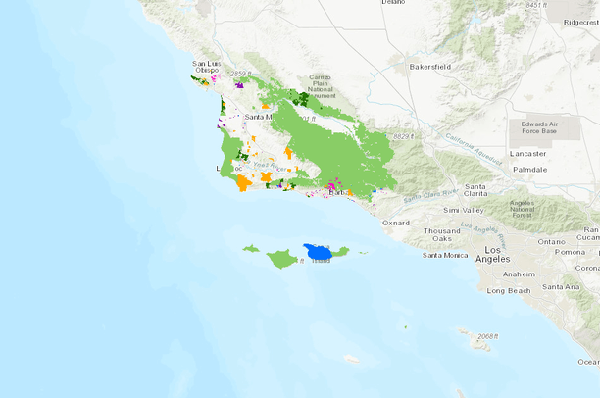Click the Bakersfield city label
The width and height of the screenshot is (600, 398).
(x=430, y=68)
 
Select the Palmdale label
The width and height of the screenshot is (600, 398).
(x=529, y=170)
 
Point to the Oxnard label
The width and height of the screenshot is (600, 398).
(x=397, y=223)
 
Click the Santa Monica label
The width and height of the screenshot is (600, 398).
(x=444, y=255)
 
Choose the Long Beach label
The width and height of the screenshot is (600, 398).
(x=509, y=290)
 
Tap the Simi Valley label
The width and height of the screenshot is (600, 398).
(x=464, y=210)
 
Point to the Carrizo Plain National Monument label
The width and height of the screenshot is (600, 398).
(x=321, y=85)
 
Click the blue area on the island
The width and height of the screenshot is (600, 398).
(x=318, y=253)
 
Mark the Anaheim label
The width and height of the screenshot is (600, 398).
(x=519, y=274)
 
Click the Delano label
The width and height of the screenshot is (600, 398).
(x=392, y=3)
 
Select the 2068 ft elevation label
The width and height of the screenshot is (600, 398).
(x=481, y=336)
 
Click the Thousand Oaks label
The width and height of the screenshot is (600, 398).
(x=441, y=234)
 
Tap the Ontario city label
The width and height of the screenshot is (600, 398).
(x=552, y=241)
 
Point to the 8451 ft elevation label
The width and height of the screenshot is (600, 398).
(x=535, y=5)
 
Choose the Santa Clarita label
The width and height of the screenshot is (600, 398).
(x=476, y=190)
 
